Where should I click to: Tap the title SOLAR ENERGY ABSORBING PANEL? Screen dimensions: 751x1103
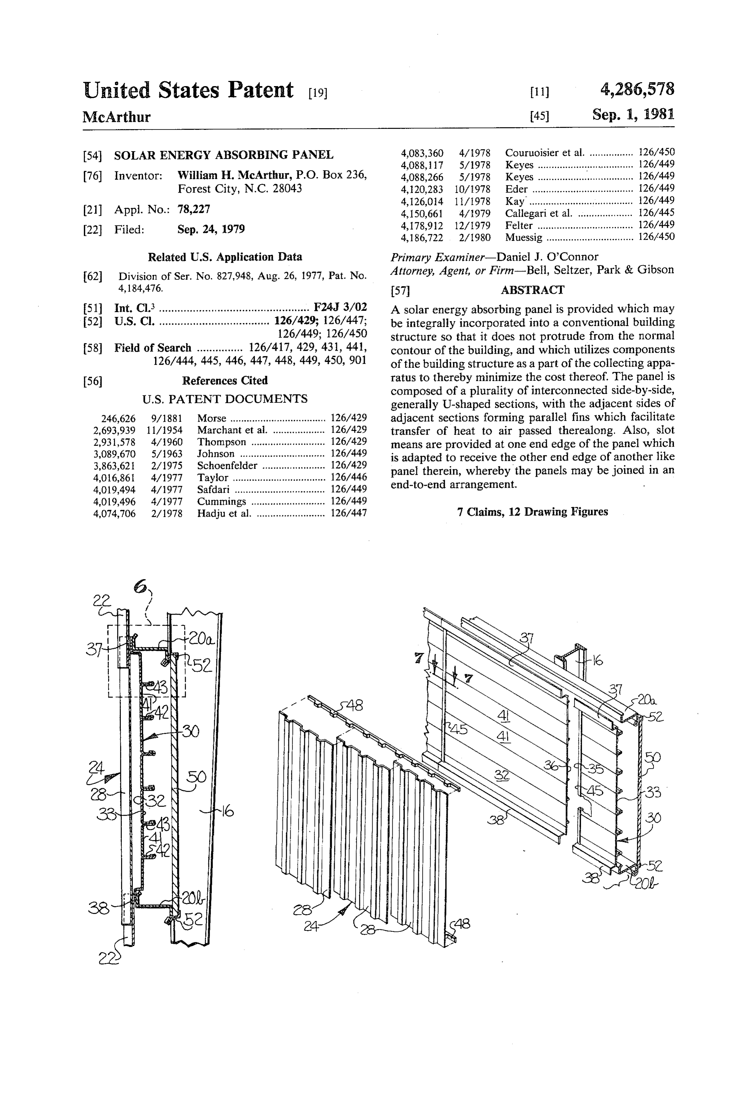224,155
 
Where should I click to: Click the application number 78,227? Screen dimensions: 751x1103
194,209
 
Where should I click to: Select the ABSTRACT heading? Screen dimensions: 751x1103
532,290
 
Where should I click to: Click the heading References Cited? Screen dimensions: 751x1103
225,381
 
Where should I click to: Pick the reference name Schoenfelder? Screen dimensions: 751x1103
227,466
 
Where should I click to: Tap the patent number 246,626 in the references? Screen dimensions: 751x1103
118,418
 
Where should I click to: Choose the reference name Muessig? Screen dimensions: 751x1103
524,237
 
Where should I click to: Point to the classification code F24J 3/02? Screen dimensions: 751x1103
340,307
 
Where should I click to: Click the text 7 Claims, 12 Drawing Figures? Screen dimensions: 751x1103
532,512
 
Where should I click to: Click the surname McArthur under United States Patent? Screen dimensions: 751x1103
116,117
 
